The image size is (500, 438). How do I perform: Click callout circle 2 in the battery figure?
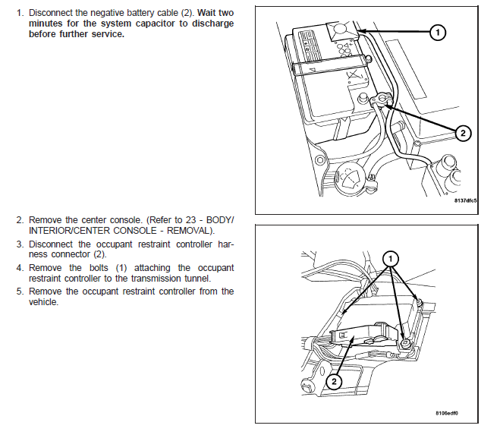461,133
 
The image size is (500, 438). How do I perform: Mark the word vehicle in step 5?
43,301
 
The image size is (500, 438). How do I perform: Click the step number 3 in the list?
20,244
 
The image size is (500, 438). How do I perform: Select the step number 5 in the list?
20,291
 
